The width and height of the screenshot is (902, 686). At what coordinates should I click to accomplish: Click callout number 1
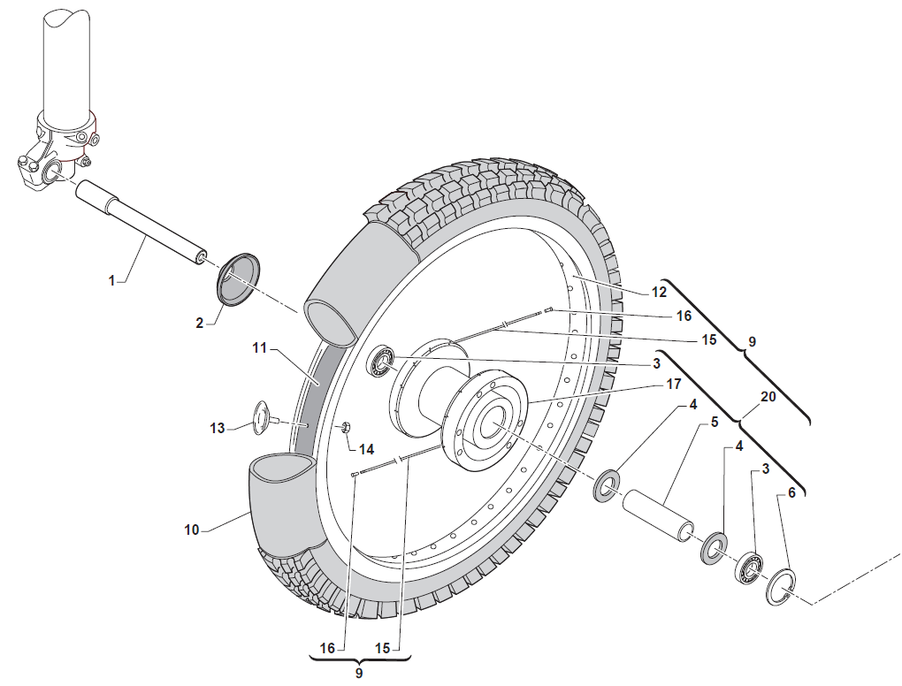[x=111, y=280]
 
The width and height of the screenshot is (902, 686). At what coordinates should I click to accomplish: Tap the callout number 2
[x=200, y=324]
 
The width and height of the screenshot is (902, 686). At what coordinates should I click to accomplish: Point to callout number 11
[x=259, y=348]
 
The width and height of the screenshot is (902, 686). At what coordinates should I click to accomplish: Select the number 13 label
[x=218, y=428]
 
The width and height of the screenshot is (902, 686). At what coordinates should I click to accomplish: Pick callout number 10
[x=192, y=530]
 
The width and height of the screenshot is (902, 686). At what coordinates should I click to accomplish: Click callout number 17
[x=675, y=385]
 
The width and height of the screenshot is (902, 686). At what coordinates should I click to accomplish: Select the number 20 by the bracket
[x=768, y=398]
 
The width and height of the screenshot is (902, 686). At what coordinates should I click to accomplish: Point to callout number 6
[x=791, y=492]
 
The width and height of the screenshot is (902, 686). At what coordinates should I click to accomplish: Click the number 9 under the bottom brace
[x=359, y=673]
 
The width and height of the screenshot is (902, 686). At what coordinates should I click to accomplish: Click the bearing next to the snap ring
[x=751, y=568]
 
